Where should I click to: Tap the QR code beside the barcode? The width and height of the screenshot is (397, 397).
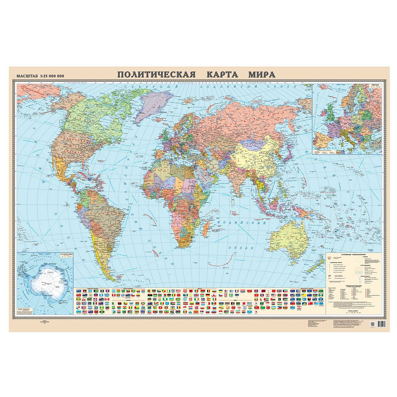(372, 324)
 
